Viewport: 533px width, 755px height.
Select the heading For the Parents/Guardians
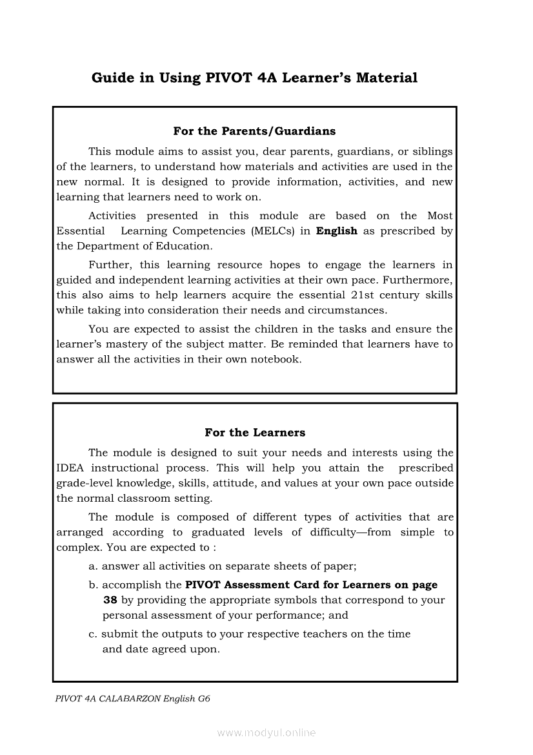coord(254,131)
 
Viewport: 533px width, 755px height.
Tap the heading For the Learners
coord(255,433)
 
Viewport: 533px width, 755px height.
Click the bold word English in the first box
coord(336,231)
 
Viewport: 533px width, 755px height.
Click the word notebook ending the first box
coord(276,359)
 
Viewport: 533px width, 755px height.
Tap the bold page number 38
coord(110,600)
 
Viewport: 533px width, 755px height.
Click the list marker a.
coord(93,566)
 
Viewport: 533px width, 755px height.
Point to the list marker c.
coord(93,634)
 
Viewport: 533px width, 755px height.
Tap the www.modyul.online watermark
coord(266,733)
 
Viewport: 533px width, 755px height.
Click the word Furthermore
coord(419,280)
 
